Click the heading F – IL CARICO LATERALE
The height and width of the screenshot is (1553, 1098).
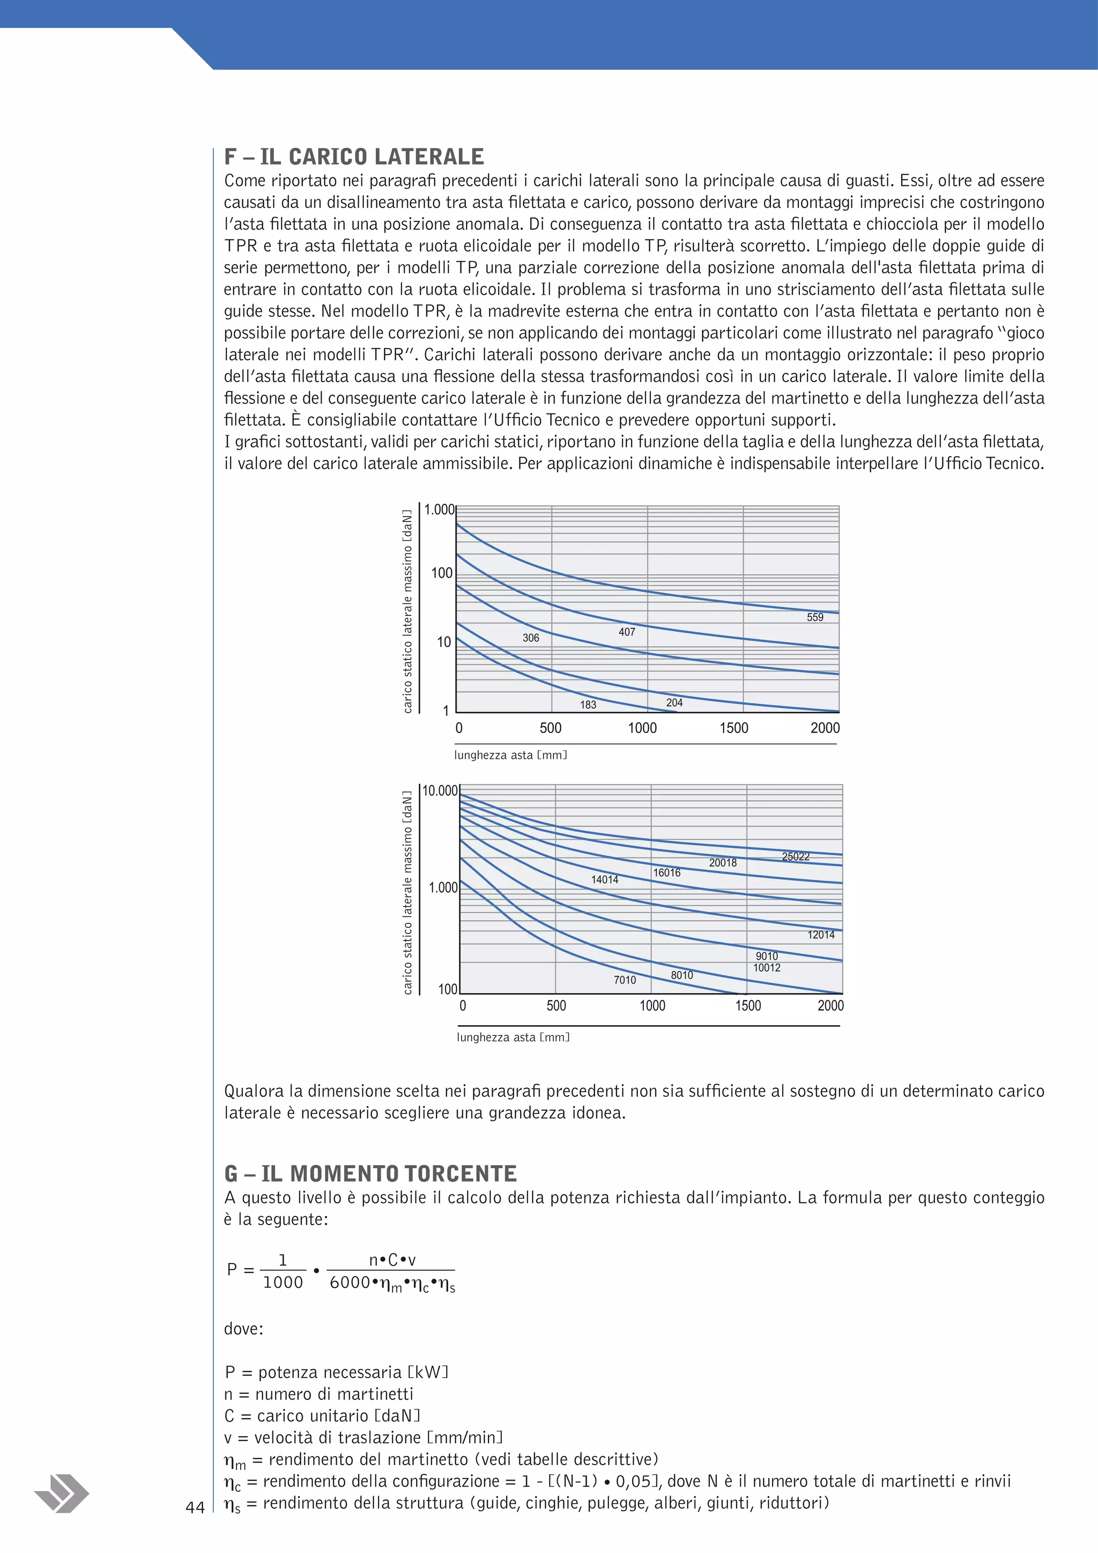click(354, 157)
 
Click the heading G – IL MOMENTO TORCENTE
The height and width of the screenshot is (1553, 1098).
click(370, 1174)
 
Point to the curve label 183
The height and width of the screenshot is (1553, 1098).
click(588, 705)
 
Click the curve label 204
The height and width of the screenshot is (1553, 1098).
click(674, 703)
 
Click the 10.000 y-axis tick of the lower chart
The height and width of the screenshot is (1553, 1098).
click(440, 791)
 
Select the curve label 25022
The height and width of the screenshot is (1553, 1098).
click(796, 856)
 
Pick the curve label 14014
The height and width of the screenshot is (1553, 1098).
click(604, 879)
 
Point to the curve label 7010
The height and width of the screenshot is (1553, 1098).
click(625, 980)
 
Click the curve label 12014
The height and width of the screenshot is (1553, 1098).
click(821, 935)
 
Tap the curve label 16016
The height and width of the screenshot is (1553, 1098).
click(666, 872)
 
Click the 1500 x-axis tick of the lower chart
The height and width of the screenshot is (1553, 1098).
click(747, 1006)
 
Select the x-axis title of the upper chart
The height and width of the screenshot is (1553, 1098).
click(510, 755)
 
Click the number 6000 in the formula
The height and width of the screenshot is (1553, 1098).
click(350, 1282)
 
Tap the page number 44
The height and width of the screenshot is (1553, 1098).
click(195, 1507)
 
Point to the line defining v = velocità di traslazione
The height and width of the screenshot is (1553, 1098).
click(363, 1437)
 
